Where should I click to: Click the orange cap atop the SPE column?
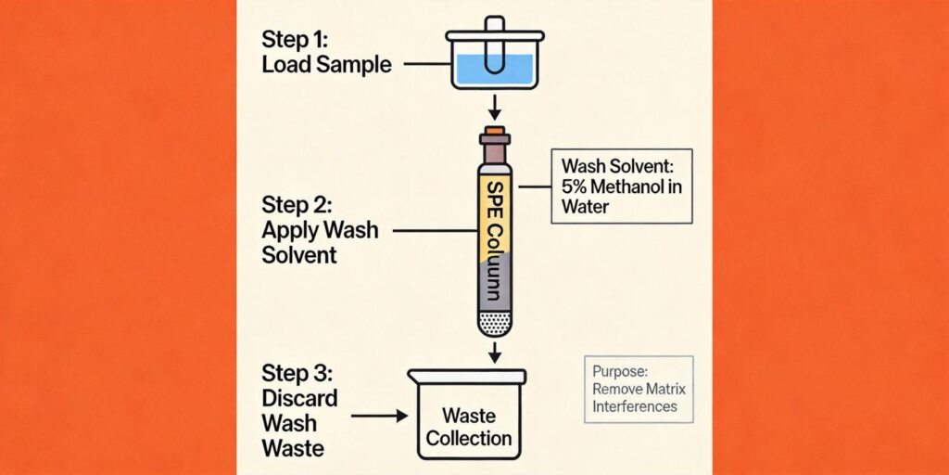pyautogui.click(x=495, y=131)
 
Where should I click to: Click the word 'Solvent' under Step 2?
pyautogui.click(x=300, y=254)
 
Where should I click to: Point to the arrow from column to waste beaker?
pyautogui.click(x=495, y=352)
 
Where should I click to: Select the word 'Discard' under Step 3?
pyautogui.click(x=299, y=399)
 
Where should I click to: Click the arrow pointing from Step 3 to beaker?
pyautogui.click(x=381, y=417)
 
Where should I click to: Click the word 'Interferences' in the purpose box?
pyautogui.click(x=635, y=406)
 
